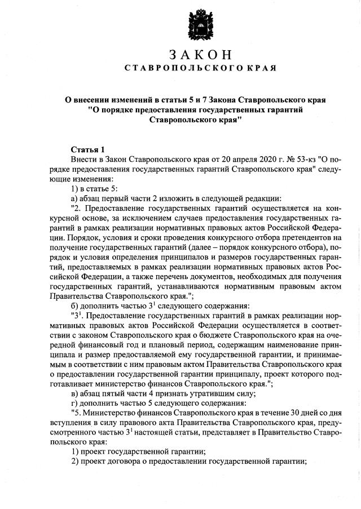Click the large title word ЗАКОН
(x=200, y=55)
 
